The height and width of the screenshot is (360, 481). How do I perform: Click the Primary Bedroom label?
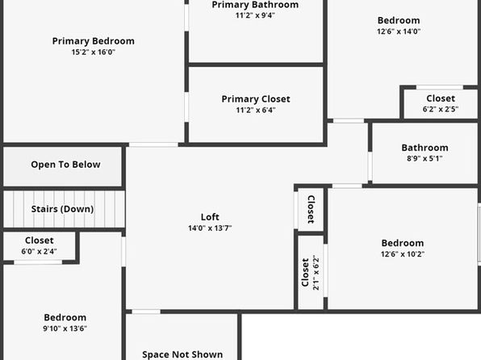coord(94,41)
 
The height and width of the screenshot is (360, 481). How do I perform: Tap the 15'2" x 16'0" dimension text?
coord(94,52)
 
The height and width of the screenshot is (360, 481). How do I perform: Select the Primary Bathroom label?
coord(255,5)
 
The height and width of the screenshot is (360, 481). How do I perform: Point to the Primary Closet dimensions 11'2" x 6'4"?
coord(256,110)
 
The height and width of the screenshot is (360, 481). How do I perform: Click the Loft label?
coord(210,217)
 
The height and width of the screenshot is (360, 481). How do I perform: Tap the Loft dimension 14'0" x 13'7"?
coord(210,228)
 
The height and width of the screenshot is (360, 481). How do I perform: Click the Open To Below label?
coord(65,165)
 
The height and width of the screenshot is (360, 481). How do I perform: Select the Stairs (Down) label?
coord(63,209)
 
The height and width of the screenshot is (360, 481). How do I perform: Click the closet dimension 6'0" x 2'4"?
coord(39,251)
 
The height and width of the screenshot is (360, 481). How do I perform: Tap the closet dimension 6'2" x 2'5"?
coord(441,109)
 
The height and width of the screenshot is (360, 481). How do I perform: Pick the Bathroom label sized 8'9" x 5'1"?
coord(425,148)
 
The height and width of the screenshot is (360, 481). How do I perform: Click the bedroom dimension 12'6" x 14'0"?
coord(399,31)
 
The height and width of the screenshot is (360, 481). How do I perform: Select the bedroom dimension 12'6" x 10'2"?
coord(403,254)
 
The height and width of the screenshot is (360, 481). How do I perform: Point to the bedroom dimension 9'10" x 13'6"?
coord(65,329)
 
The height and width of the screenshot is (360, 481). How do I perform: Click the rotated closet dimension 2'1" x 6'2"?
coord(316,273)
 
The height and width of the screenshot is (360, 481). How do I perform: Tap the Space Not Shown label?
coord(182,354)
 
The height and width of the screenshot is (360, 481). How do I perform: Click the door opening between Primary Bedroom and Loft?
coord(153,144)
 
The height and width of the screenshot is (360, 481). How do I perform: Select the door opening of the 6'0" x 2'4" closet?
coord(38,262)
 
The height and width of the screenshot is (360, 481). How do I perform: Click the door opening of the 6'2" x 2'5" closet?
coord(439,87)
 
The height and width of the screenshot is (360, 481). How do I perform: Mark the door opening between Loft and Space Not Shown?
coord(146,312)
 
